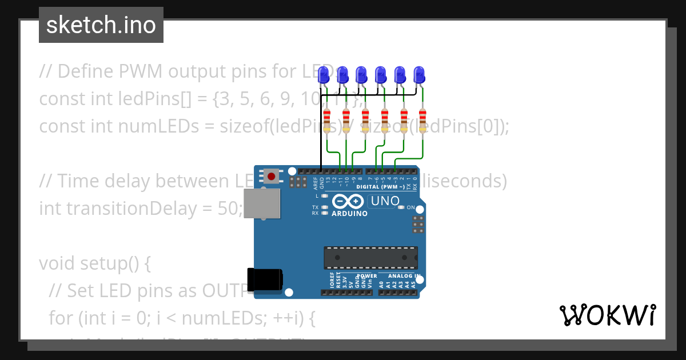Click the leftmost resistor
click(327, 121)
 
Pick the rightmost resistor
click(422, 121)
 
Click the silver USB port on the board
click(262, 203)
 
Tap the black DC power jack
click(264, 279)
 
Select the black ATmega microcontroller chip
click(370, 258)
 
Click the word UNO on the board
click(385, 201)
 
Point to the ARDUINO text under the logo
click(349, 214)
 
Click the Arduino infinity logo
click(348, 202)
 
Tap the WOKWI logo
click(607, 315)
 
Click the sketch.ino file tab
click(101, 25)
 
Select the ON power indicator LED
click(401, 207)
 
